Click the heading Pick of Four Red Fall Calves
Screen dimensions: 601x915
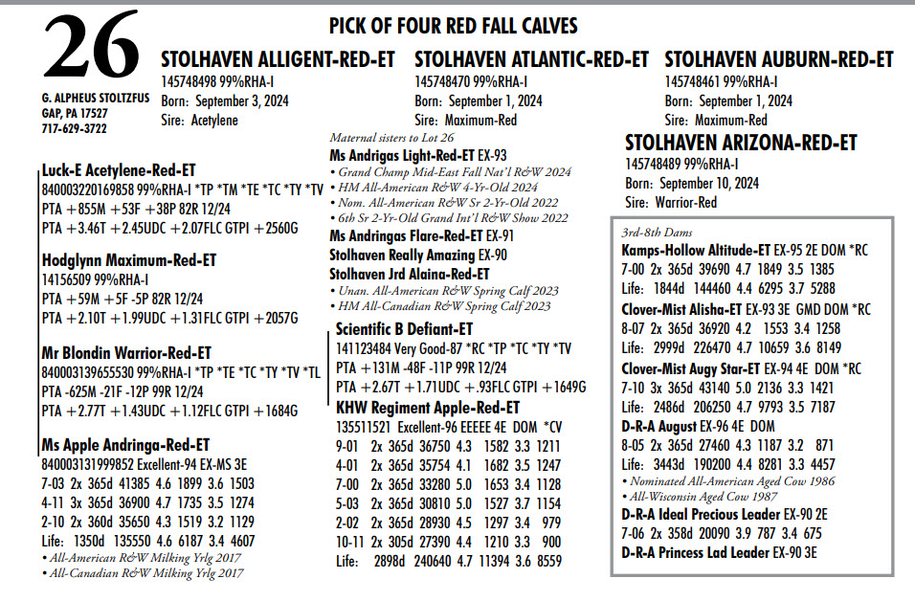tap(453, 26)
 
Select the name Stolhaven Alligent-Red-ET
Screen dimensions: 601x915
tap(278, 59)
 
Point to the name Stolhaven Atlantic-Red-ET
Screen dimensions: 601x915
tap(531, 59)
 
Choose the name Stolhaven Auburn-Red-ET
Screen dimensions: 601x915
tap(779, 59)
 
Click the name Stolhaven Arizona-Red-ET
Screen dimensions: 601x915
tap(741, 143)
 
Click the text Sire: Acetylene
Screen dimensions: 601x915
tap(199, 121)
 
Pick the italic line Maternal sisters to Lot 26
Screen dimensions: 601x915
tap(391, 138)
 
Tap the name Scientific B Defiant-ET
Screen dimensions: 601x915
tap(404, 328)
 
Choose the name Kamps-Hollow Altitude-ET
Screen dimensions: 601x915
tap(696, 249)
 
